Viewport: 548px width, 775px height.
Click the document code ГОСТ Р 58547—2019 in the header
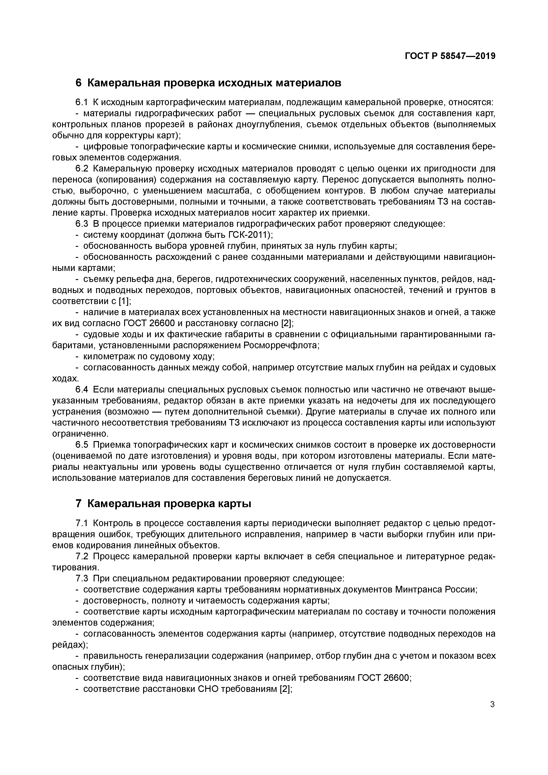tap(450, 56)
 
